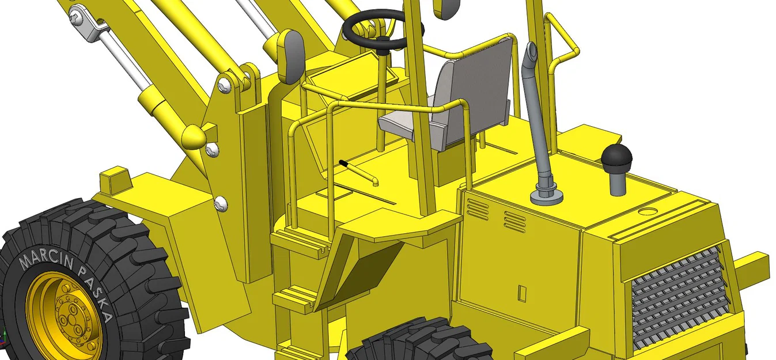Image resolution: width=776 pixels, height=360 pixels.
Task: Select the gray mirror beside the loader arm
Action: coord(292,56)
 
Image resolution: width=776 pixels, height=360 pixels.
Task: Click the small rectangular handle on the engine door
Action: coord(523,293)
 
